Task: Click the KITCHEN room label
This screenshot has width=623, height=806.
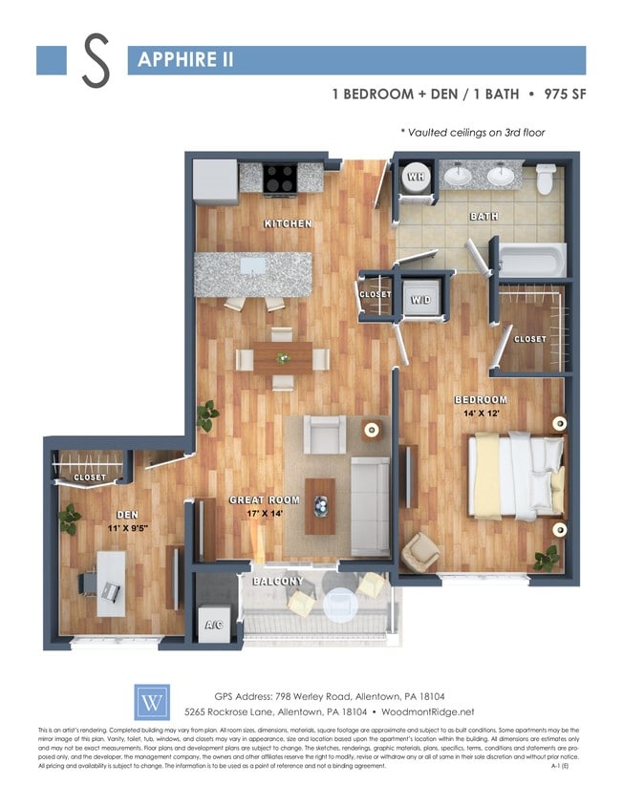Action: pyautogui.click(x=288, y=223)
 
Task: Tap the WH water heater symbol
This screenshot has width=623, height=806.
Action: pyautogui.click(x=417, y=177)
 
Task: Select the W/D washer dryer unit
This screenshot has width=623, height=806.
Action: pyautogui.click(x=420, y=300)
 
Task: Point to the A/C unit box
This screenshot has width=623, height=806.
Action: pyautogui.click(x=212, y=625)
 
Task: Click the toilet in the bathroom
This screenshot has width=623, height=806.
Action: pyautogui.click(x=546, y=178)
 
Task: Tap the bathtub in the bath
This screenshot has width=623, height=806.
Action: pyautogui.click(x=530, y=260)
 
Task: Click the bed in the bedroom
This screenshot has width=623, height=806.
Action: pyautogui.click(x=516, y=475)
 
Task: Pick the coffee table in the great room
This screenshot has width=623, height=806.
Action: pyautogui.click(x=320, y=505)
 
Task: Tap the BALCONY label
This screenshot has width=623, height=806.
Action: pyautogui.click(x=277, y=582)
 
